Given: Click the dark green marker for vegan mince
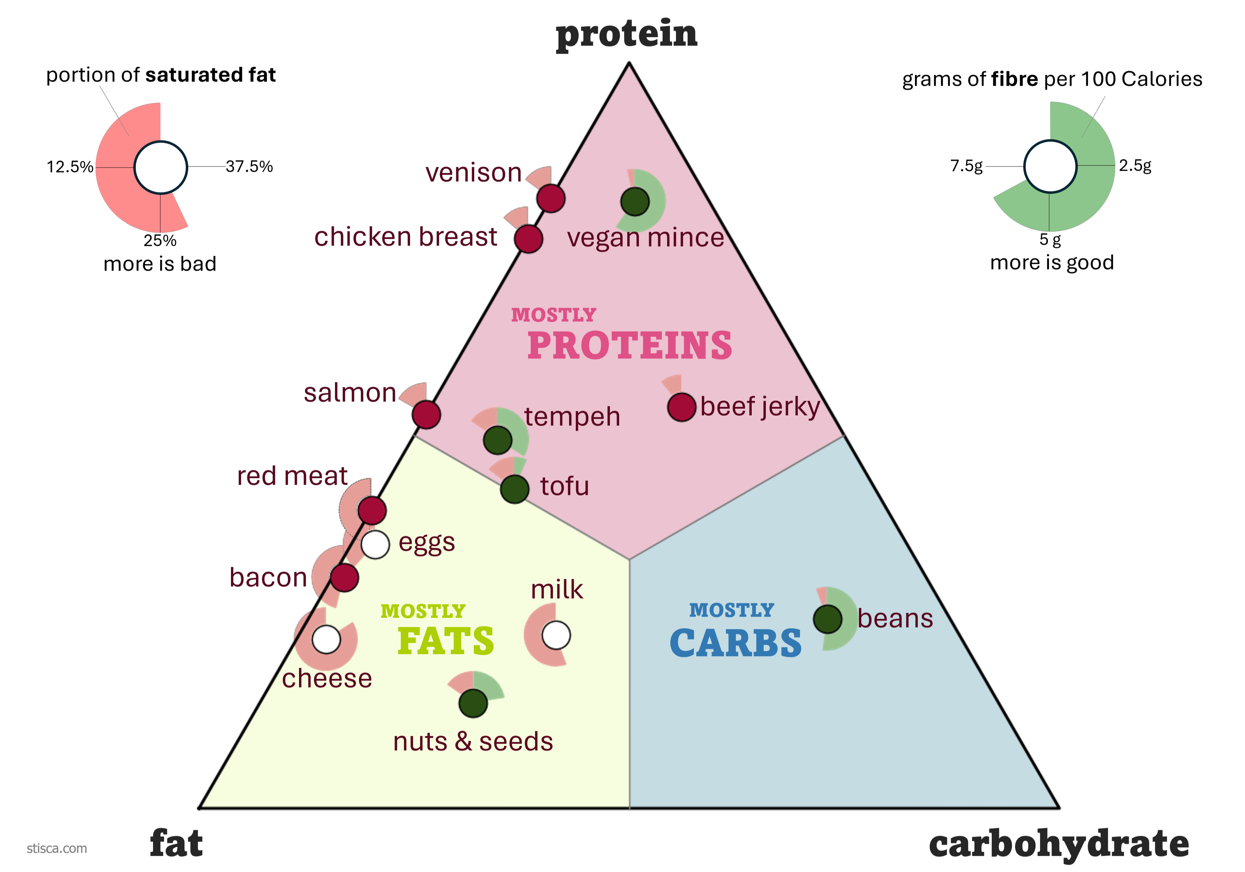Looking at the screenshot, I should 635,202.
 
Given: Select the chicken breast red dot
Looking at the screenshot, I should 529,239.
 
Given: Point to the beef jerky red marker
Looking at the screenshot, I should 682,407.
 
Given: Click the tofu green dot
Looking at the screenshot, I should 514,489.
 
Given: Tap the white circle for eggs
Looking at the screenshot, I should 375,544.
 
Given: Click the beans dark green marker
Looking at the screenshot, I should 828,619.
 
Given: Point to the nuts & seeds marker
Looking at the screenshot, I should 473,703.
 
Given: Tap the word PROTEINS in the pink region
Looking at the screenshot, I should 629,346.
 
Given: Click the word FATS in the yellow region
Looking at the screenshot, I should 446,641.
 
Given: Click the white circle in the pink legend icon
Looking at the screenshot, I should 160,168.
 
